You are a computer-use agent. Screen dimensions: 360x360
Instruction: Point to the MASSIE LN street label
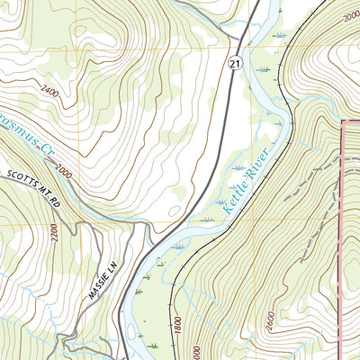point(103,286)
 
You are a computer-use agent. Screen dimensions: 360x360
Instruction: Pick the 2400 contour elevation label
point(51,92)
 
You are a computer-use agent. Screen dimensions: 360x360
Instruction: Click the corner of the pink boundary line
point(345,121)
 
